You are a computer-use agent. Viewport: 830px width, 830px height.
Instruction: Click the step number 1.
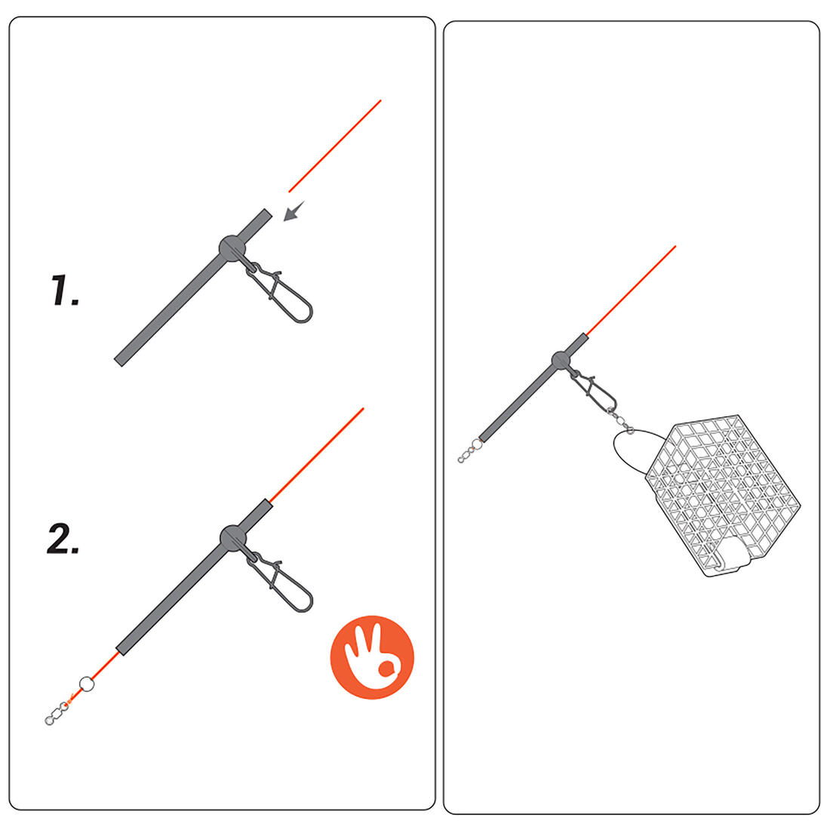tap(65, 290)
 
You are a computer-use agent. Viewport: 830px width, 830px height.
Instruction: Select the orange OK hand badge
tap(372, 657)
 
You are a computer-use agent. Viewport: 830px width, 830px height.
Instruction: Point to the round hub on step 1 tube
tap(232, 247)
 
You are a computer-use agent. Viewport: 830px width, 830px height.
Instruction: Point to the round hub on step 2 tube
tap(233, 538)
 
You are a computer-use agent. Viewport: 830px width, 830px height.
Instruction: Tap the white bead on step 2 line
tap(87, 684)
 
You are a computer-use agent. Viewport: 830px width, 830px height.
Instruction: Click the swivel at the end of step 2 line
tap(57, 713)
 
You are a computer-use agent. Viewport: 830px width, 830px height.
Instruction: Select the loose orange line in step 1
tap(334, 146)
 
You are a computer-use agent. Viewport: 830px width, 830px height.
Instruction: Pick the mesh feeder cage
tap(723, 495)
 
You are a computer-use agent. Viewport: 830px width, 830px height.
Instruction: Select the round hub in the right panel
tap(561, 361)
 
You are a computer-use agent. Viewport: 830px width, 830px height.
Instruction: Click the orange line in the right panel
tap(631, 290)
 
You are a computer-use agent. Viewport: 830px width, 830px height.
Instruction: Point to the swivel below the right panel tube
tap(470, 451)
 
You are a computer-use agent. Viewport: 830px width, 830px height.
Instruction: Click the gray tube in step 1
tap(193, 287)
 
